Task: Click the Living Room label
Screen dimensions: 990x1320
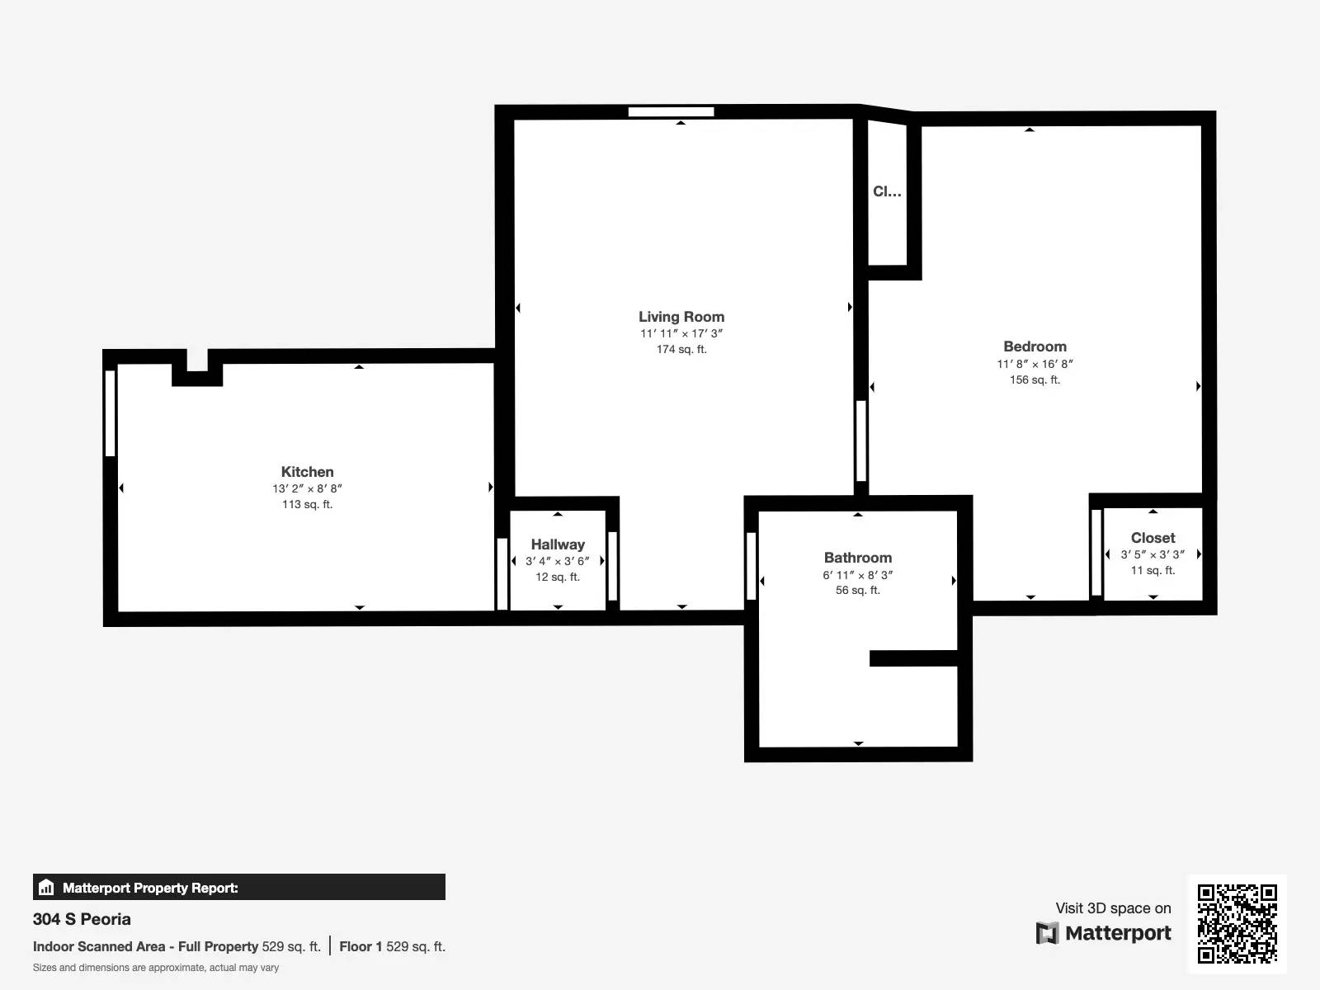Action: [681, 317]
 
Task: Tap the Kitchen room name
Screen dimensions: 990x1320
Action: [307, 472]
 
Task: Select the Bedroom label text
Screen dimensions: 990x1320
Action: [1035, 346]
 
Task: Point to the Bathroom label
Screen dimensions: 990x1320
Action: [857, 558]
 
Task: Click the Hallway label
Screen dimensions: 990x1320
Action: [558, 544]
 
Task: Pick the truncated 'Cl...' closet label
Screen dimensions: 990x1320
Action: [887, 191]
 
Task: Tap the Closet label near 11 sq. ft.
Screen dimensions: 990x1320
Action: [1153, 538]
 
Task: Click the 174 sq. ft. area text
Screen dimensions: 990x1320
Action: [681, 349]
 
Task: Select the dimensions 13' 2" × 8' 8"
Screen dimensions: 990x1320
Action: [307, 488]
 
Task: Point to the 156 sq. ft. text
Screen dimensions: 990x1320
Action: [1035, 379]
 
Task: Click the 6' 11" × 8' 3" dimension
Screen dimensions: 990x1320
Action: [857, 575]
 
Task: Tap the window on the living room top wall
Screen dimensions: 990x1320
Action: [671, 112]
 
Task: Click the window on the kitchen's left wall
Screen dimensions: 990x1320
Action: [110, 412]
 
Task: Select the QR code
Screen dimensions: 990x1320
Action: [1237, 924]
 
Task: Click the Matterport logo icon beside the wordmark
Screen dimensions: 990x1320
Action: [1047, 933]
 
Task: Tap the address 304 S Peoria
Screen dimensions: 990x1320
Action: [82, 919]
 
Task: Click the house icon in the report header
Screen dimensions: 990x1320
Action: [46, 888]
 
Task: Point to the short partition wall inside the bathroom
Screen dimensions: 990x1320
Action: [913, 658]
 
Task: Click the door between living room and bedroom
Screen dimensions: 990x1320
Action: [861, 441]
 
